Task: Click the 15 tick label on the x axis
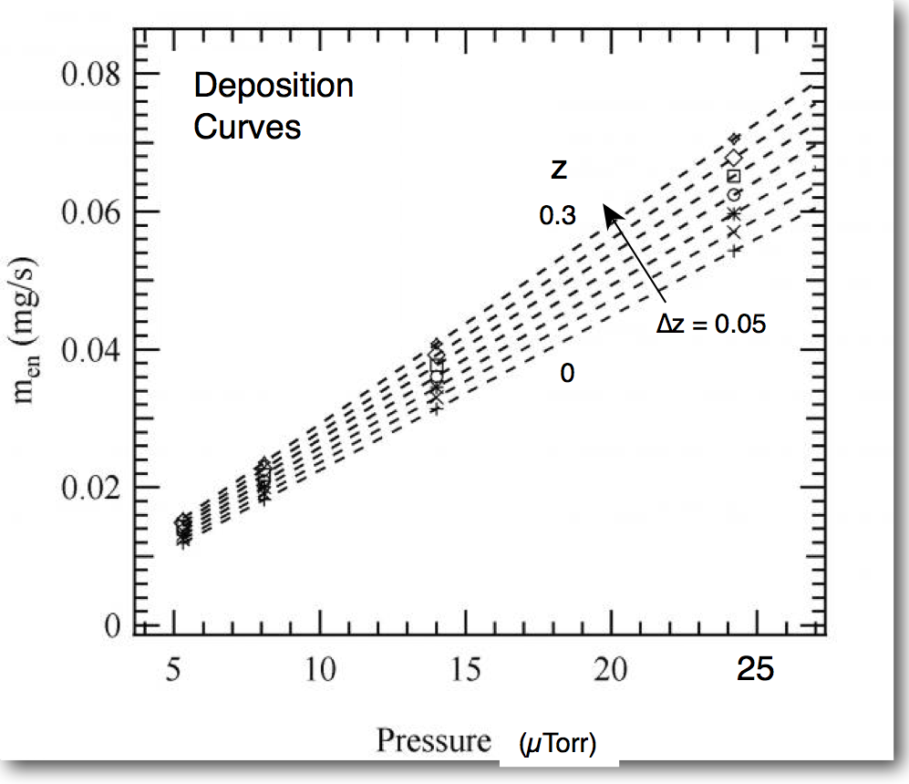(466, 671)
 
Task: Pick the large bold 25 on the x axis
(755, 670)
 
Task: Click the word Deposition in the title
(274, 87)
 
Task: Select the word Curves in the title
(246, 127)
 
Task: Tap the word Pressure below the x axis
(434, 740)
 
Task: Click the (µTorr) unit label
(557, 745)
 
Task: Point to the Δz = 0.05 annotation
(711, 324)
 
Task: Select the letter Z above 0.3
(558, 169)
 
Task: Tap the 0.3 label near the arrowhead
(557, 217)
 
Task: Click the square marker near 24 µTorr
(734, 177)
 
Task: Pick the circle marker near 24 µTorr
(734, 194)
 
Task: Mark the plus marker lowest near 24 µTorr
(734, 250)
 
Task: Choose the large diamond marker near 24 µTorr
(734, 159)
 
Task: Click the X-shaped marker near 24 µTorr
(734, 232)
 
